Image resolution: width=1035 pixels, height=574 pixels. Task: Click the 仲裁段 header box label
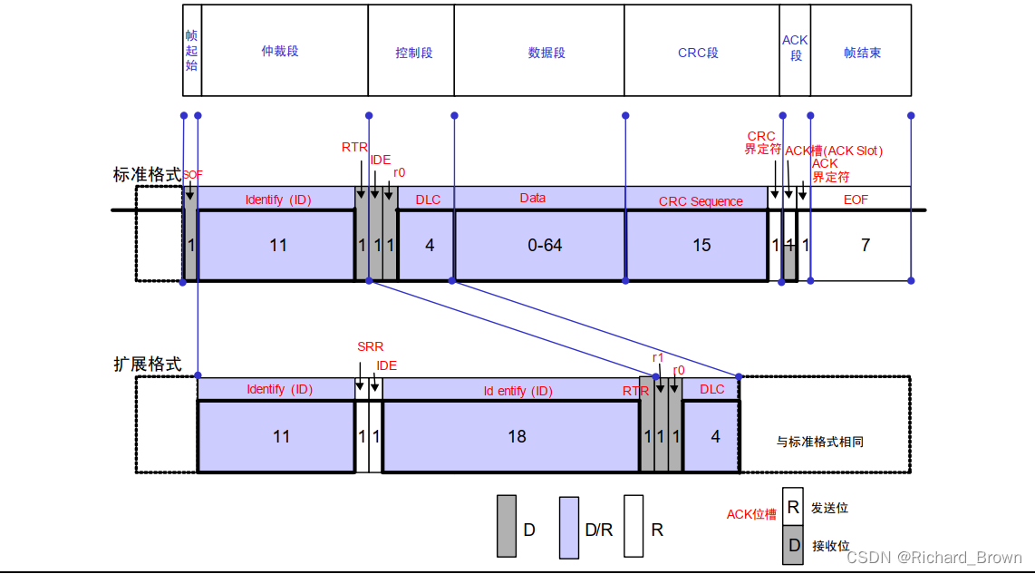tap(280, 52)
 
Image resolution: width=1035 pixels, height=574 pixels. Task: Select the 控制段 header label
tap(414, 53)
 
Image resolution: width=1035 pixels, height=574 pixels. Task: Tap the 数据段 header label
tap(547, 53)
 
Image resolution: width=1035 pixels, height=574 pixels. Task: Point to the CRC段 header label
tap(698, 53)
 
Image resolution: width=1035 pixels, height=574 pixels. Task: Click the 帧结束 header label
tap(862, 53)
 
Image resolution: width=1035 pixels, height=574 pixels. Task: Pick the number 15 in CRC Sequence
tap(701, 246)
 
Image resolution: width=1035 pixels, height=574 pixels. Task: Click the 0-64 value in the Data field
tap(546, 246)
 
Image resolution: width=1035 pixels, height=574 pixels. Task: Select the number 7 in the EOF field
tap(866, 246)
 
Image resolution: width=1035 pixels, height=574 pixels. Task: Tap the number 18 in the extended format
tap(517, 437)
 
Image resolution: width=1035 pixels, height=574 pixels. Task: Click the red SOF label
tap(192, 174)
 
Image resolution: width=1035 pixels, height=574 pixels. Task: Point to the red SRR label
tap(370, 347)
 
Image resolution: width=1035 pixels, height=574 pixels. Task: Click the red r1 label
tap(658, 358)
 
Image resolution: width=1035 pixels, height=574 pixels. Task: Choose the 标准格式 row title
tap(147, 175)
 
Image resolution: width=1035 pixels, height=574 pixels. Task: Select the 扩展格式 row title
tap(147, 365)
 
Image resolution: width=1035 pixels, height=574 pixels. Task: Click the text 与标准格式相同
tap(820, 443)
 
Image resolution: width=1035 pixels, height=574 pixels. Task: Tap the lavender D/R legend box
tap(569, 527)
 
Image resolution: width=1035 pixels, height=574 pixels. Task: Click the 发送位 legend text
tap(829, 509)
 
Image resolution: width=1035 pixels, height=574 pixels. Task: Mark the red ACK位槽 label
tap(751, 514)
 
